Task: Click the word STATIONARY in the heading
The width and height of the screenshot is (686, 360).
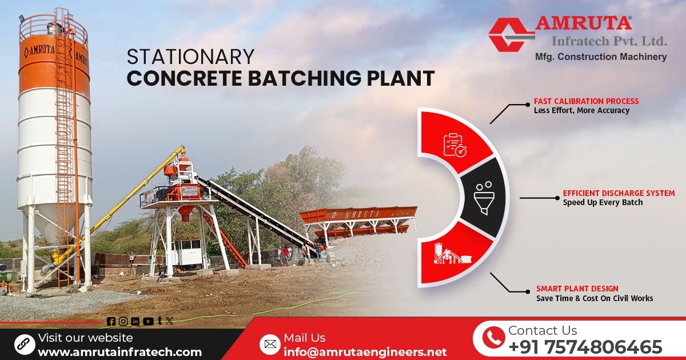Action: point(190,57)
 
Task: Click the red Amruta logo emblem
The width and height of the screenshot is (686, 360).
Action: point(510,34)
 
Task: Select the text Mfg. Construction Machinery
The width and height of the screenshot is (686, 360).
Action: point(600,57)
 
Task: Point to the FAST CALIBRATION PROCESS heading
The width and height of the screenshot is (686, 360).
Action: point(586,101)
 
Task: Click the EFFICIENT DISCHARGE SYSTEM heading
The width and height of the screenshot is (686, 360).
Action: point(619,193)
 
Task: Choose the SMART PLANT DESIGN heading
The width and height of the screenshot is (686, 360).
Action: point(577,289)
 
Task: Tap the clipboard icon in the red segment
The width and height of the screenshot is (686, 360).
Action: point(455,145)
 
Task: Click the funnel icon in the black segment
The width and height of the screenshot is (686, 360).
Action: point(484,198)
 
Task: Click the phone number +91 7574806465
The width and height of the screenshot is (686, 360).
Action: point(585,347)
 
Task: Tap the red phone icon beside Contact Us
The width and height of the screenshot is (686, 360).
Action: point(493,338)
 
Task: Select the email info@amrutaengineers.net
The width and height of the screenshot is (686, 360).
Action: point(365,352)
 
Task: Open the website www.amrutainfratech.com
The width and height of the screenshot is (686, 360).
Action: point(119,352)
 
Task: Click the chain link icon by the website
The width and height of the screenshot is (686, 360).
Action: point(25,344)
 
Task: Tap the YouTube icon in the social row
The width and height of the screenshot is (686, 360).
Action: point(148,322)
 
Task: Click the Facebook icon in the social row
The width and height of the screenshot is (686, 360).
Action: point(111,322)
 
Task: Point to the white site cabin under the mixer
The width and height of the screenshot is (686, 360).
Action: point(187,252)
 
